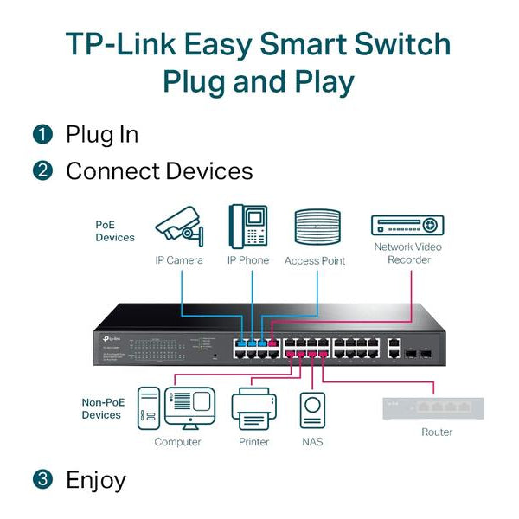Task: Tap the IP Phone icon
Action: coord(248,226)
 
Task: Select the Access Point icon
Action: coord(316,228)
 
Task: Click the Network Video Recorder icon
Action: coord(407,225)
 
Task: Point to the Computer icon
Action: coord(177,408)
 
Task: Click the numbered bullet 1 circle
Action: coord(42,135)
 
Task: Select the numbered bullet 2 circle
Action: coord(42,170)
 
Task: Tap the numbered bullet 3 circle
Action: coord(42,479)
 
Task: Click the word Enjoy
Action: coord(96,479)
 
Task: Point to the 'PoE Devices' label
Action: coord(114,231)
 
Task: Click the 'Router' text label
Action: coord(436,432)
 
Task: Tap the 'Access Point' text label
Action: coord(315,260)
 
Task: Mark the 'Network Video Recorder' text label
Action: coord(407,253)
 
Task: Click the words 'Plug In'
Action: coord(102,135)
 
